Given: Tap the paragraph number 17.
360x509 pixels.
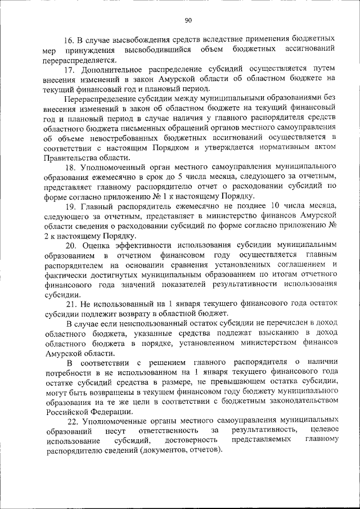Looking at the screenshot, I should (x=69, y=70).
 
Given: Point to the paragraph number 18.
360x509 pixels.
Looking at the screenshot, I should (x=71, y=168).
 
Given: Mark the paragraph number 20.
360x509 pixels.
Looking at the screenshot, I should (x=71, y=246).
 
